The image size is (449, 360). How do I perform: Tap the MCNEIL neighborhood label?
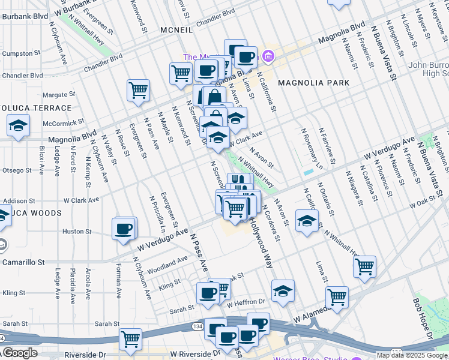[176, 29]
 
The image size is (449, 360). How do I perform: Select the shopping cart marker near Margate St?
[138, 91]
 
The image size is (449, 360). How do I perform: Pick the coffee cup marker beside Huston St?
[124, 229]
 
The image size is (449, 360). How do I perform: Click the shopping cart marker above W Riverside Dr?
[130, 339]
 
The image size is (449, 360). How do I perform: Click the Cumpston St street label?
[17, 53]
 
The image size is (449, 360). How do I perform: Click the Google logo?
[19, 353]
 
